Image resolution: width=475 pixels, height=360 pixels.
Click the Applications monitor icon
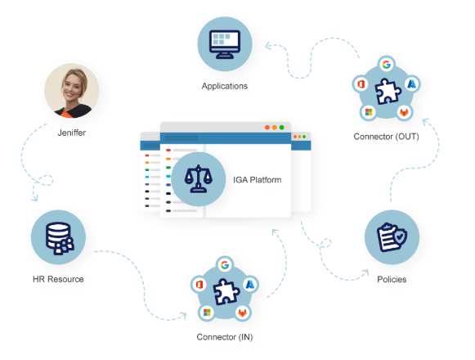225,44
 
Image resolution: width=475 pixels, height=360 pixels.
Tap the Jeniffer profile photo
72,90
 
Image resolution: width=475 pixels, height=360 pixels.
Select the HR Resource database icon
59,238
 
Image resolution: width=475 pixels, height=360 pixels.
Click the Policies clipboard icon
392,237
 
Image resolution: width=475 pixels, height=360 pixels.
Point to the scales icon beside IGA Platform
199,179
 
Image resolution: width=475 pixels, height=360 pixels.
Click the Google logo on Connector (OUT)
386,65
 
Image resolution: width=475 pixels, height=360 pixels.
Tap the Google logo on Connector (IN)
225,265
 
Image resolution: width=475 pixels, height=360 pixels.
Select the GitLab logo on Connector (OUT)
404,112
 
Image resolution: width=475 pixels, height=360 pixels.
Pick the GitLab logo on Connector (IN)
242,313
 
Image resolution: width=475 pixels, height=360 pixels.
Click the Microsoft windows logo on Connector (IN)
207,313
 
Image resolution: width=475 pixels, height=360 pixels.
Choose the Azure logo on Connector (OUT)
411,84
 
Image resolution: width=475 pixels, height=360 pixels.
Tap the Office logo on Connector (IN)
199,285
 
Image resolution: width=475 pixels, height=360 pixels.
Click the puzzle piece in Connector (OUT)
388,92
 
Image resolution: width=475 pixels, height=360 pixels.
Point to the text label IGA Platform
258,180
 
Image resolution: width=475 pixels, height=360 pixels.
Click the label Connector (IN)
225,337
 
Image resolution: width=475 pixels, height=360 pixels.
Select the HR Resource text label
58,279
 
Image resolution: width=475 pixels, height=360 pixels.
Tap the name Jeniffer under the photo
72,133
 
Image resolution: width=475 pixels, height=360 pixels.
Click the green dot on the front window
282,128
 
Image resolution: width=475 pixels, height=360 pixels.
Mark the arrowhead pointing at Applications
269,46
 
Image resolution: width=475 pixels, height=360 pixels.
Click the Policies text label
392,279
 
